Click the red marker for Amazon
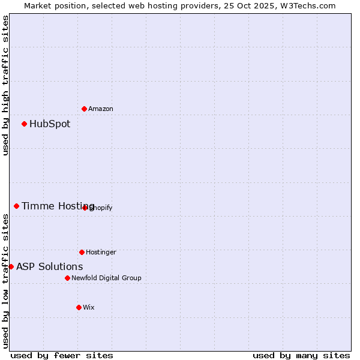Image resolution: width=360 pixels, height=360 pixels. tap(84, 109)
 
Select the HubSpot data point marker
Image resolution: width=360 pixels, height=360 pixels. tap(24, 124)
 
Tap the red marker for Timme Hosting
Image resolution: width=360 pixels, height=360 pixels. tap(16, 206)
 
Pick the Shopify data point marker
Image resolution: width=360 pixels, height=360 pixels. tap(85, 208)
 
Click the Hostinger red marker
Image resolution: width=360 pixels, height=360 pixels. tap(82, 252)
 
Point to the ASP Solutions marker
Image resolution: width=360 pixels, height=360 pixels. tap(11, 266)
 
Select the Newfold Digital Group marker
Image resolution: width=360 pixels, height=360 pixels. tap(67, 278)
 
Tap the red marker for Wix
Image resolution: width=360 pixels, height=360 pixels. tap(79, 307)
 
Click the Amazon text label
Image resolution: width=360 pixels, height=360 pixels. tap(101, 109)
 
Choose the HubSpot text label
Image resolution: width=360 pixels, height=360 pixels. tap(50, 124)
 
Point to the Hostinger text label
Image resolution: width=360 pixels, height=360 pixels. tap(101, 252)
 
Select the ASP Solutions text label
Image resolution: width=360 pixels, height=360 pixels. tap(50, 266)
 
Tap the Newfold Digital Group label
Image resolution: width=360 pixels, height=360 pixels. tap(106, 278)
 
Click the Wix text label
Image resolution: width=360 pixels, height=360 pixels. tap(89, 307)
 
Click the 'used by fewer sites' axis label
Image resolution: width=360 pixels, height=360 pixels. tap(62, 355)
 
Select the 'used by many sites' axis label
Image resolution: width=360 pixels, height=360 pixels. tap(301, 355)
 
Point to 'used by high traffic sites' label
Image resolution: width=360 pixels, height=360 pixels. tap(5, 85)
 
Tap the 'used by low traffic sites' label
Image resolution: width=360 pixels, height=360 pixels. tap(5, 281)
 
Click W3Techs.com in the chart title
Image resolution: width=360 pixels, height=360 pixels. tap(306, 5)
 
